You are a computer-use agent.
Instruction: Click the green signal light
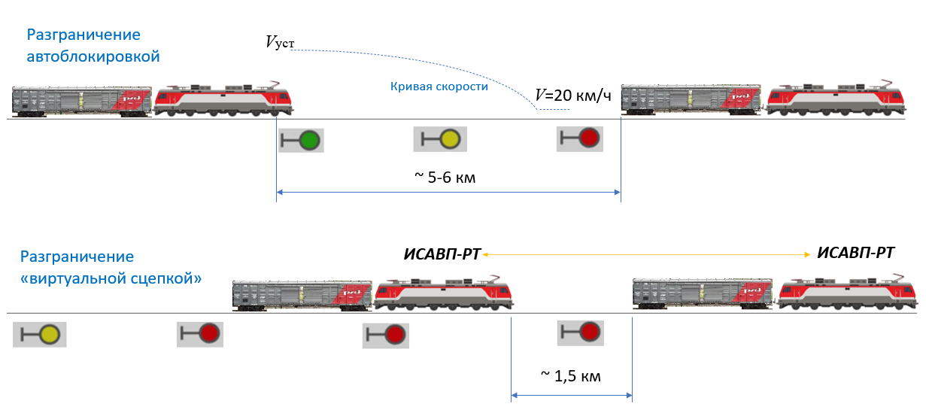[x=309, y=140]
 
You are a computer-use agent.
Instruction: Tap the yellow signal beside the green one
[x=449, y=138]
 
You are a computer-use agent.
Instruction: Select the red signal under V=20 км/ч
[x=589, y=138]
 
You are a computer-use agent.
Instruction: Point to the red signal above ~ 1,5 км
[x=589, y=331]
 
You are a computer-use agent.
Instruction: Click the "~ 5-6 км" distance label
[x=445, y=178]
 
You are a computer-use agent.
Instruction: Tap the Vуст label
[x=279, y=43]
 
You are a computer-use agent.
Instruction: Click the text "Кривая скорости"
[x=439, y=87]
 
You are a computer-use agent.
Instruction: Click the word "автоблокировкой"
[x=93, y=56]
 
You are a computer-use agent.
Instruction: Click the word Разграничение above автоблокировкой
[x=83, y=35]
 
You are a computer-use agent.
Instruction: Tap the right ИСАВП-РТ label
[x=856, y=253]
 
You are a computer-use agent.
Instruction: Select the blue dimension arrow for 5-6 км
[x=448, y=193]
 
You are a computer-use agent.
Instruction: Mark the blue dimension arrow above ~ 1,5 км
[x=572, y=394]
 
